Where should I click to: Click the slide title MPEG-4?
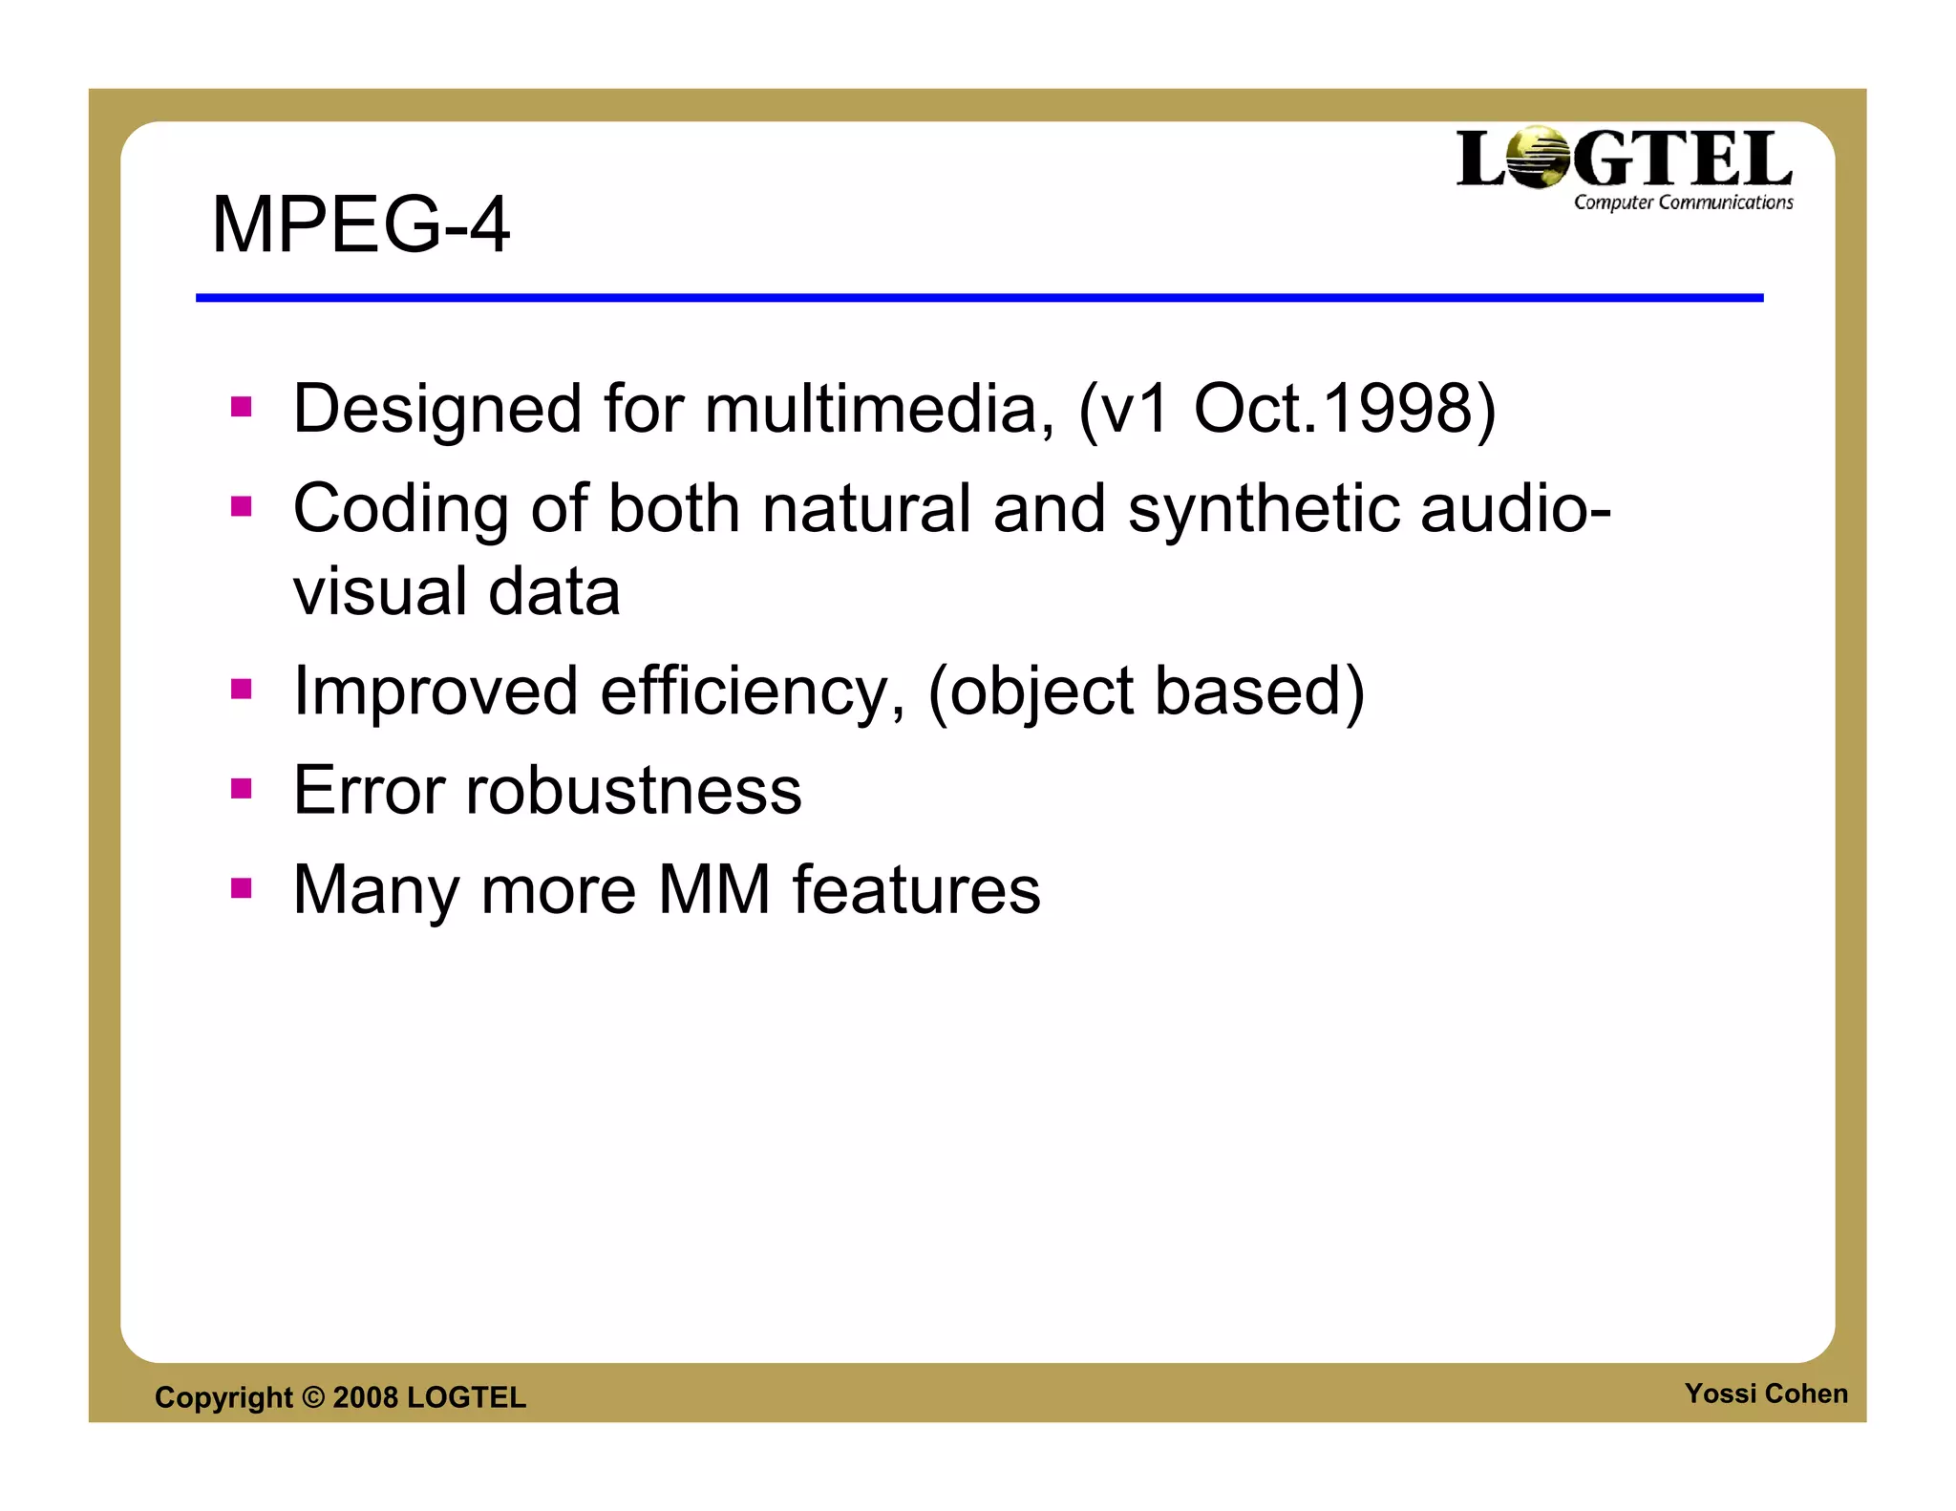point(360,224)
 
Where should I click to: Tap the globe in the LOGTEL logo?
point(1537,158)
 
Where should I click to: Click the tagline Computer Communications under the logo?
point(1683,202)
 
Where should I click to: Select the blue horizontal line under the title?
point(979,298)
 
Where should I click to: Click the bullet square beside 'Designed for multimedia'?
point(242,408)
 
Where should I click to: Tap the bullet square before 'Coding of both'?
point(242,506)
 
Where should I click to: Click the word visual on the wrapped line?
point(379,591)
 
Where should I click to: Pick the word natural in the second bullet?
point(866,508)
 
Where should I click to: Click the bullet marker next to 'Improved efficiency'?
point(242,689)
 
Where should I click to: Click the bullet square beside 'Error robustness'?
point(242,789)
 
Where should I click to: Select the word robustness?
point(633,791)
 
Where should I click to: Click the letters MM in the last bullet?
point(714,889)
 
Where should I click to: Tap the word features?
point(916,889)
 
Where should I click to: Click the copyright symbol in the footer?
point(312,1397)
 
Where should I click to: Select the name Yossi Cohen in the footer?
point(1765,1394)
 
